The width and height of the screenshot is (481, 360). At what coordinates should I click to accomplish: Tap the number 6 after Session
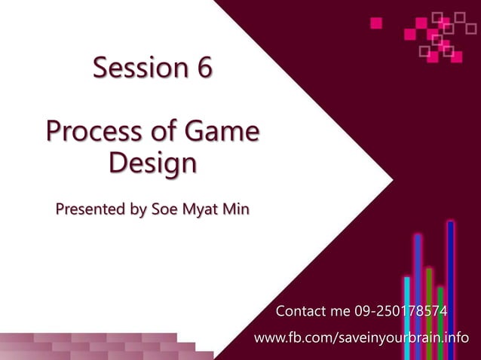pos(204,69)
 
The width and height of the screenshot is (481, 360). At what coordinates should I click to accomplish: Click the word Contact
pos(302,310)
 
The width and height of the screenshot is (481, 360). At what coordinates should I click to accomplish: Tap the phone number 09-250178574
pos(401,310)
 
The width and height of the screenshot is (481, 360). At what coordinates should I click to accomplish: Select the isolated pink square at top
pos(376,23)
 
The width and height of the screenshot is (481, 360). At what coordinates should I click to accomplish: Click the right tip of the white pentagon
pos(392,180)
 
